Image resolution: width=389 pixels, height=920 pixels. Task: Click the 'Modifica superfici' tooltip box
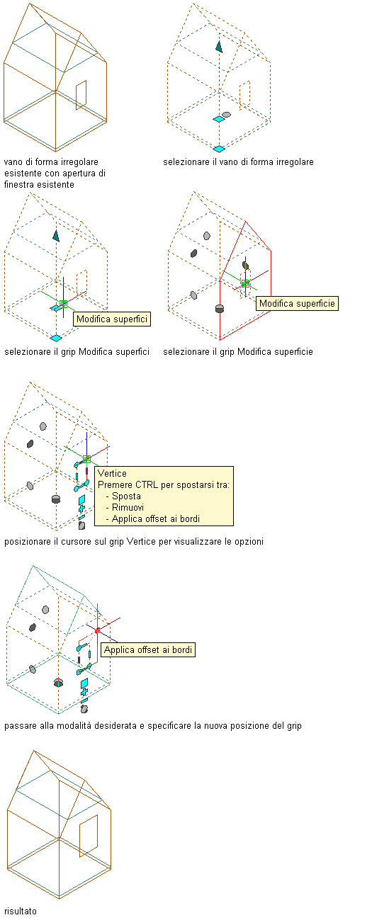[x=112, y=319]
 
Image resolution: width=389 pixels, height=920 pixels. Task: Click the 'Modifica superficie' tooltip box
[x=297, y=304]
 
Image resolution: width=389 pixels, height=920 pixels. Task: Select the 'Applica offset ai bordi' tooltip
[x=148, y=649]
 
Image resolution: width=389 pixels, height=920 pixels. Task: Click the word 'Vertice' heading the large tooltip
[x=112, y=473]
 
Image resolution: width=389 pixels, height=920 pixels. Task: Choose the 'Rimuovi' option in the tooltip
[x=128, y=507]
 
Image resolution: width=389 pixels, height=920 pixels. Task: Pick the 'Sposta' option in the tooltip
[x=126, y=496]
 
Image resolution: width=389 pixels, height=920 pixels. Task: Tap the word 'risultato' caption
[x=20, y=911]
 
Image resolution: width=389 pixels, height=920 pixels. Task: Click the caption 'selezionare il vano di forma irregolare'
[x=238, y=161]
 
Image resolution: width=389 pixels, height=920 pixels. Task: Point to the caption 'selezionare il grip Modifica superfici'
[x=77, y=351]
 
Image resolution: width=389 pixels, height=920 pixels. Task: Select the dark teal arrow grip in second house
[x=219, y=47]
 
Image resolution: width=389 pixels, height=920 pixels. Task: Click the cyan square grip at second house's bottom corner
[x=219, y=149]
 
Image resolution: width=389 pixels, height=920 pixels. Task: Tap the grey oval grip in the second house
[x=226, y=115]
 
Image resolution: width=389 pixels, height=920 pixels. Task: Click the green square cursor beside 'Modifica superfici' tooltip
[x=63, y=304]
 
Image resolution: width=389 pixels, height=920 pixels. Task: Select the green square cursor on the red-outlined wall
[x=246, y=283]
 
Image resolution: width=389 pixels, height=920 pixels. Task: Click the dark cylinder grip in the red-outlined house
[x=220, y=308]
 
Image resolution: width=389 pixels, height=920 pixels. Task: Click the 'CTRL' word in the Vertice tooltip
[x=147, y=484]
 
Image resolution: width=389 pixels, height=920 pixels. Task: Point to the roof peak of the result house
[x=34, y=750]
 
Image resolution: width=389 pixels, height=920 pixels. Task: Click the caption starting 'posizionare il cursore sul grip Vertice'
[x=134, y=541]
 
